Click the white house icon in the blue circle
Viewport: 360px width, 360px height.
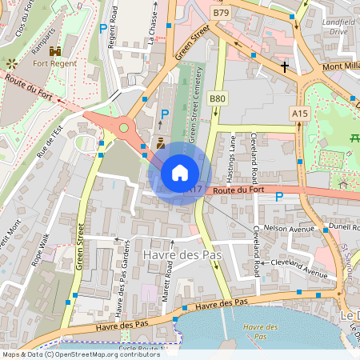[180, 173]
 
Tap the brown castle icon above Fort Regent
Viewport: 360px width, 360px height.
[43, 51]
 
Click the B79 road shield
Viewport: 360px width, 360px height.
[221, 14]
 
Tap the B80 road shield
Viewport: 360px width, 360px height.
[217, 98]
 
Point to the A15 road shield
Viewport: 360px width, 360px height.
[300, 114]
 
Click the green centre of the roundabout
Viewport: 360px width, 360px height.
[123, 126]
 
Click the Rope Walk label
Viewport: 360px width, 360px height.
[39, 250]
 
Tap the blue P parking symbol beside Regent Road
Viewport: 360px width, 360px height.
[102, 29]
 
